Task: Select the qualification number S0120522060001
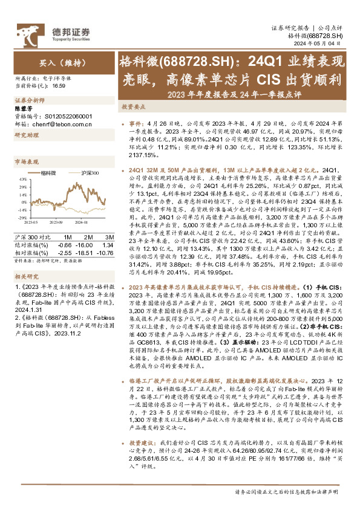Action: click(x=66, y=115)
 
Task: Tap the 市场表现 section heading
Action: click(x=26, y=162)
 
